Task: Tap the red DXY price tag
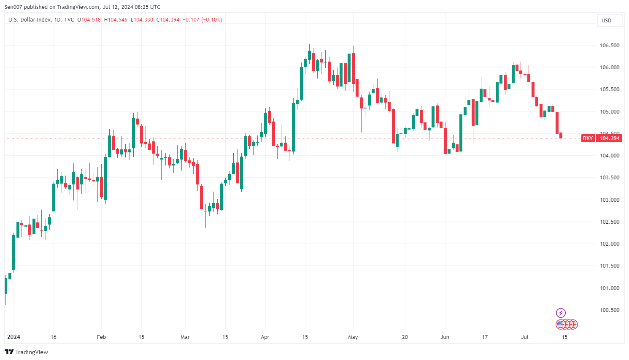(x=601, y=138)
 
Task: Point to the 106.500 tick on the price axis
(x=610, y=46)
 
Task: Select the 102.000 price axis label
(x=610, y=244)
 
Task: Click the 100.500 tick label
(x=610, y=310)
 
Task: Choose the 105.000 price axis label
(x=610, y=112)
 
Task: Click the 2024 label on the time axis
(x=13, y=337)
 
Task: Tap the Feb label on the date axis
(x=101, y=337)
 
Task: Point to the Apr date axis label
(x=265, y=337)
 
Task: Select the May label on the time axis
(x=353, y=337)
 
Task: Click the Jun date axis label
(x=445, y=337)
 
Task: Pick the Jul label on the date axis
(x=525, y=337)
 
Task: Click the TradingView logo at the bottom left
(x=27, y=352)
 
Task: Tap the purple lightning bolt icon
(x=561, y=313)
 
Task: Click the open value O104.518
(x=89, y=20)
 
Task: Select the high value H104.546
(x=116, y=20)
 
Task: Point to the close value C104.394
(x=168, y=20)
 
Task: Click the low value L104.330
(x=142, y=20)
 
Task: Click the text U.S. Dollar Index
(x=30, y=20)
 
